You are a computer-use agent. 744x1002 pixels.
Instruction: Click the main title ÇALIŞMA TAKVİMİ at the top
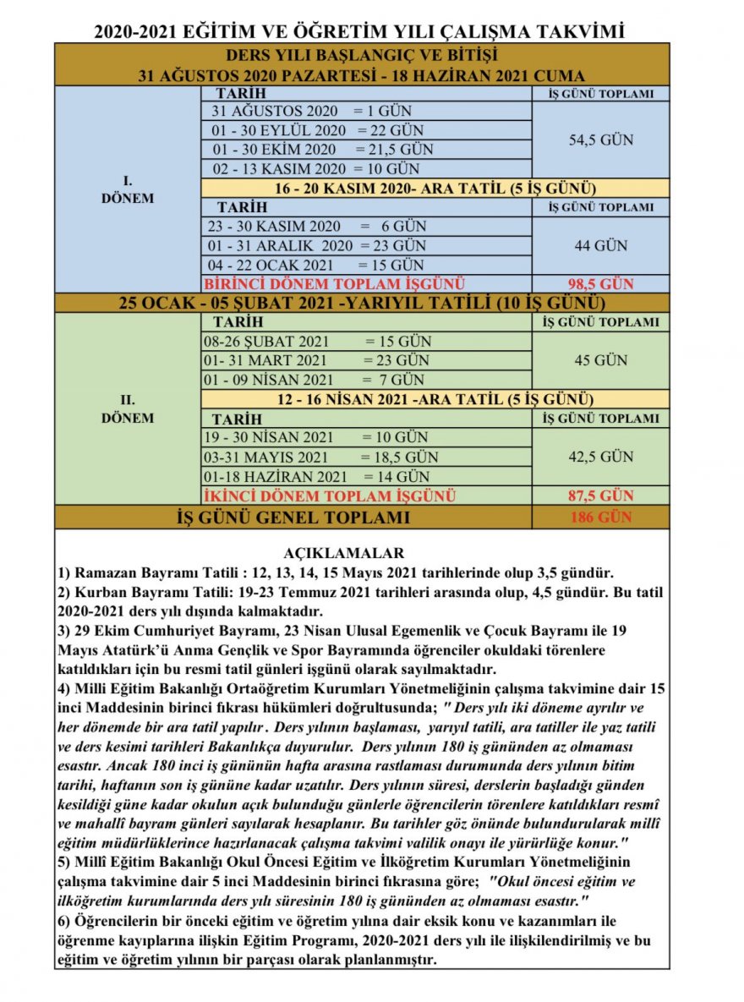(x=360, y=31)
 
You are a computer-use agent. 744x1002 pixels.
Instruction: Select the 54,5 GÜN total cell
(x=600, y=140)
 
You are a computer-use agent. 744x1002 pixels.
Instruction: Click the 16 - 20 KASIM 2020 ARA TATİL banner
(x=435, y=188)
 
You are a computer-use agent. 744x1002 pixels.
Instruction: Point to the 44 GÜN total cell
(x=600, y=246)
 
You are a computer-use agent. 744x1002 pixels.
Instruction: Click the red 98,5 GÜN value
(x=600, y=284)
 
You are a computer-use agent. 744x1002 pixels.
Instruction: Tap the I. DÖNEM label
(x=128, y=188)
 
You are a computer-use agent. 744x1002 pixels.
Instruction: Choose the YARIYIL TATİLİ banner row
(x=362, y=303)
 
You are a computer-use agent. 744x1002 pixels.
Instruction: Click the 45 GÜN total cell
(x=600, y=360)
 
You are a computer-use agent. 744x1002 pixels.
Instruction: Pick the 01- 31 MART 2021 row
(x=314, y=361)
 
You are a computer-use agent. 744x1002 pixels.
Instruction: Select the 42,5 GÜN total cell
(x=600, y=457)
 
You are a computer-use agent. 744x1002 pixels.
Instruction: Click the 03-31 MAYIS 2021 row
(x=320, y=457)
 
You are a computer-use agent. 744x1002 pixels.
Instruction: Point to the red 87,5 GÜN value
(x=600, y=496)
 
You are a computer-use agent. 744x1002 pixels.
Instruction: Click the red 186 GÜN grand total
(x=600, y=517)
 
